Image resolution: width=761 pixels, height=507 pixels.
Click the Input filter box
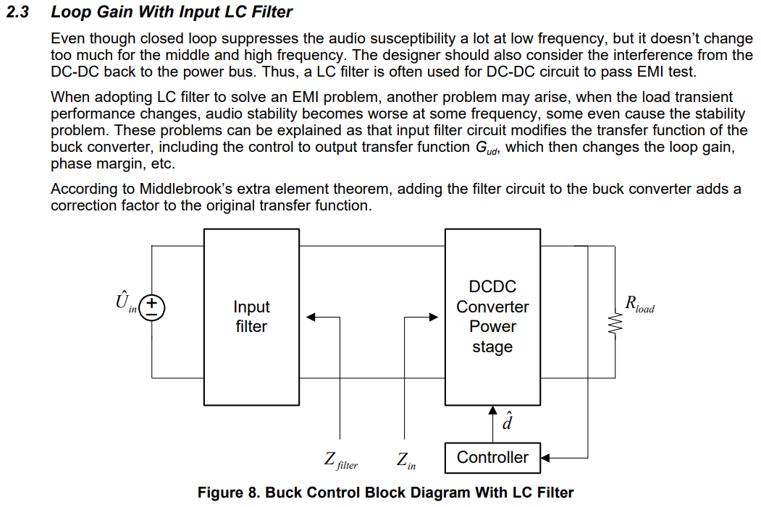(x=251, y=317)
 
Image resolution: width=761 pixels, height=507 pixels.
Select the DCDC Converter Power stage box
(x=492, y=317)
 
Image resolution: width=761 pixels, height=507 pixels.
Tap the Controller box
(x=492, y=457)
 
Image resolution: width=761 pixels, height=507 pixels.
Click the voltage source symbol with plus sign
(x=152, y=307)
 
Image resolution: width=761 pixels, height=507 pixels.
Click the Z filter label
(x=340, y=461)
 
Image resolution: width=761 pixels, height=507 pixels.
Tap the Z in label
(x=406, y=461)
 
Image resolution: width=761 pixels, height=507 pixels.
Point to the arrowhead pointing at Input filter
(x=311, y=317)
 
